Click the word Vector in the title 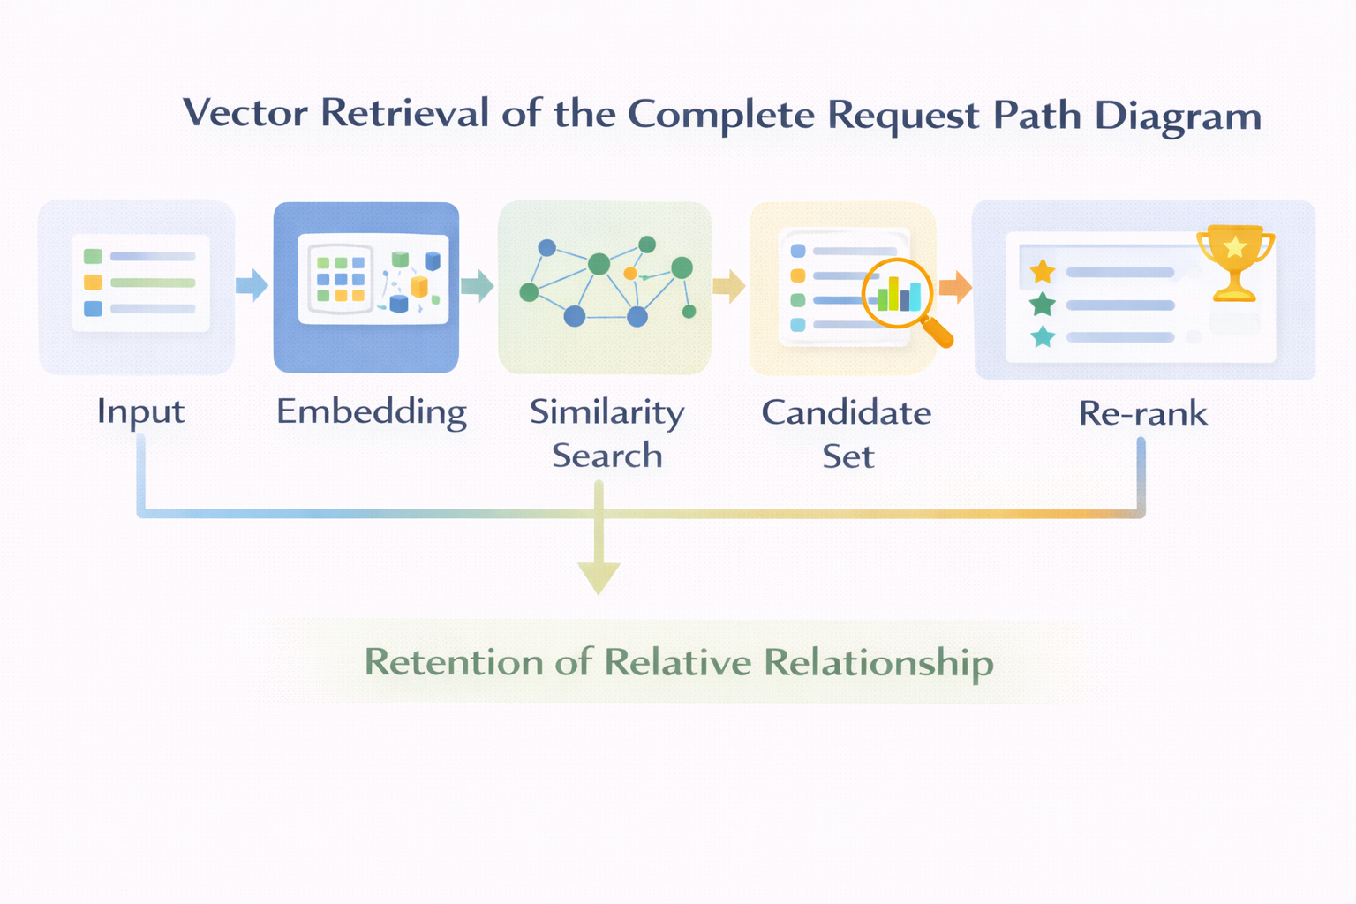245,113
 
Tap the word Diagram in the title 1178,116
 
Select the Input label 140,411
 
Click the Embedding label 371,411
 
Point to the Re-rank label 1142,413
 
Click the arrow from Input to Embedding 252,285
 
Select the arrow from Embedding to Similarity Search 478,285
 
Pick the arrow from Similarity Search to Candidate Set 729,285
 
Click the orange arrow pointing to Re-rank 955,286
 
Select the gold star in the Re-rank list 1043,271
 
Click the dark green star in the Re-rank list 1043,305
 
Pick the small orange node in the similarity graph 629,274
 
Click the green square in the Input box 93,256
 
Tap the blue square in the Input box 93,308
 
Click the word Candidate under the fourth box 846,412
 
